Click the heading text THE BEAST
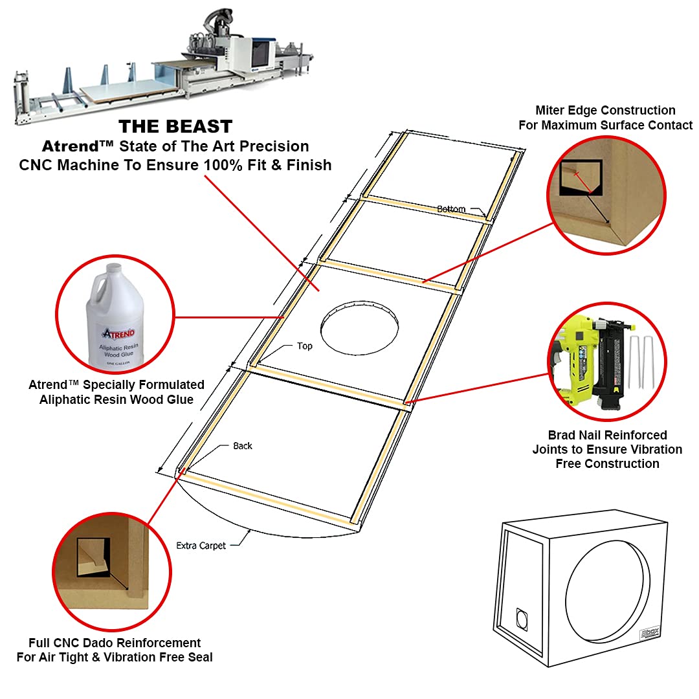(x=175, y=126)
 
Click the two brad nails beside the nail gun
(x=641, y=362)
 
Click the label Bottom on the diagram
(x=451, y=209)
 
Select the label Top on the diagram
(x=304, y=346)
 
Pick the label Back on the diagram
(x=243, y=446)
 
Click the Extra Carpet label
(x=201, y=546)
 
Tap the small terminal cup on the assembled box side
(x=522, y=619)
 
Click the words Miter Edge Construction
(x=605, y=111)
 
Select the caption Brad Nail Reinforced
(x=607, y=435)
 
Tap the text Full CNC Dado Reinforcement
(x=115, y=643)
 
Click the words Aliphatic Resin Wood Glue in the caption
(x=116, y=399)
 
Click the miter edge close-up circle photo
(x=607, y=194)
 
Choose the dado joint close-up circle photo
(x=111, y=570)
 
